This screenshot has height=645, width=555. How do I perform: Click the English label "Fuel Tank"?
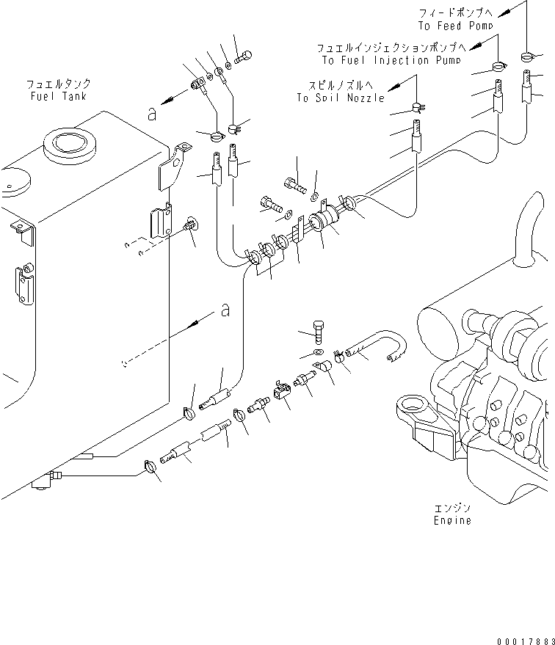tap(58, 97)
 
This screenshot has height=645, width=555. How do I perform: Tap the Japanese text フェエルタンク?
tap(58, 85)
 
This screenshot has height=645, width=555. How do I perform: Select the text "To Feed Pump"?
tap(455, 26)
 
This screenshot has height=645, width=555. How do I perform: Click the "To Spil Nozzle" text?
tap(341, 98)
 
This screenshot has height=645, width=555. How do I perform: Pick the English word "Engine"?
tap(451, 520)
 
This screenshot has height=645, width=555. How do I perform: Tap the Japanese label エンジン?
tap(451, 508)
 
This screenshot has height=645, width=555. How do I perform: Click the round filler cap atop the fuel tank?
tap(70, 145)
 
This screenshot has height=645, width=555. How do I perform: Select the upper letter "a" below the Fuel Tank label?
tap(151, 113)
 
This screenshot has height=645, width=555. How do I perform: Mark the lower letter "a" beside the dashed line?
tap(225, 311)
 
